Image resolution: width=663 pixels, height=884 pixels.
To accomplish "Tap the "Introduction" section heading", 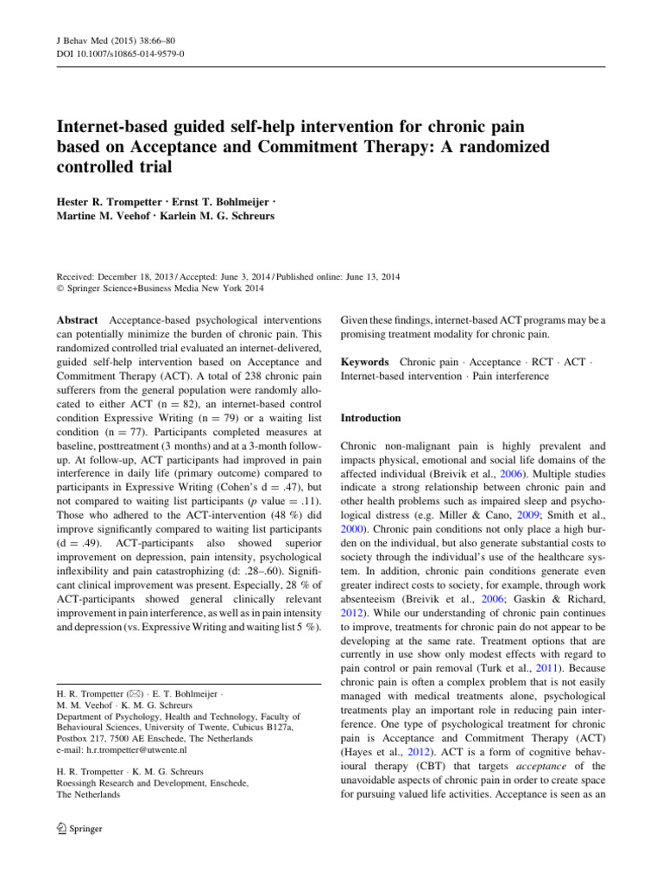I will (371, 418).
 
